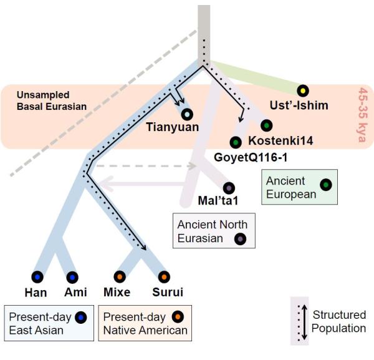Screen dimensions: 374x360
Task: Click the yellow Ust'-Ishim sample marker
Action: [303, 90]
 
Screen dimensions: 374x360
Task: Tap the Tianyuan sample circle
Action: [187, 114]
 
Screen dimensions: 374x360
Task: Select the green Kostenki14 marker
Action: [267, 125]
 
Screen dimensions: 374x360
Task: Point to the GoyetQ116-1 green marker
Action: [236, 142]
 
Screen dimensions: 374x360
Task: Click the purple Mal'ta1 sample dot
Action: [229, 188]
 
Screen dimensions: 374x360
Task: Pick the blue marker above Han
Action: [37, 277]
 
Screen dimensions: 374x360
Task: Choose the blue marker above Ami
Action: [72, 278]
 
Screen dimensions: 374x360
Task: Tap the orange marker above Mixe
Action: [120, 277]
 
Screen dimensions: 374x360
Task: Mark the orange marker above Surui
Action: [164, 277]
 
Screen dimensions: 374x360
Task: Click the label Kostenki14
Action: [280, 140]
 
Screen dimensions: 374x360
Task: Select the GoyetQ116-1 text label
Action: [251, 158]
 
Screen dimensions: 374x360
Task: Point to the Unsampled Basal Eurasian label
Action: [52, 100]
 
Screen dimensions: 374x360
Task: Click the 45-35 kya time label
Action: [363, 115]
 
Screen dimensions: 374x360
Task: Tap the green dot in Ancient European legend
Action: [326, 185]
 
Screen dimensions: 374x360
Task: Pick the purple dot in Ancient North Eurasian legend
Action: [240, 239]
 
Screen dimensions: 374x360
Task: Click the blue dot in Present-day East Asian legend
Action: [81, 318]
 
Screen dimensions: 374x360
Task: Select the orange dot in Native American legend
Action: [178, 317]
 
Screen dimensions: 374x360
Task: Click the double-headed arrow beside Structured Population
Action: [304, 322]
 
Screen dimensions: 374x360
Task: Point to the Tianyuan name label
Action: [173, 127]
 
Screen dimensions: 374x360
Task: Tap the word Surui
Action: [168, 292]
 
